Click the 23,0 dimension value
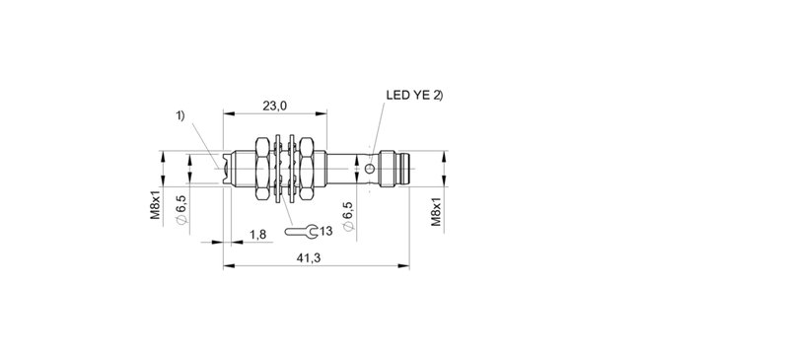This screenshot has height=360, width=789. point(274,106)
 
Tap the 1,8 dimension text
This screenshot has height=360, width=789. point(258,233)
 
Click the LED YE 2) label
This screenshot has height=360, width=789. point(415,97)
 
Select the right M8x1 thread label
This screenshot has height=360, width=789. point(435,210)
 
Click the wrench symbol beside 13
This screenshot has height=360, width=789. point(301,232)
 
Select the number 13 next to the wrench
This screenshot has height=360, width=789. point(325,232)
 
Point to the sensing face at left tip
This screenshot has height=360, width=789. point(227,168)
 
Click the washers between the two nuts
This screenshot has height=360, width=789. point(286,168)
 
